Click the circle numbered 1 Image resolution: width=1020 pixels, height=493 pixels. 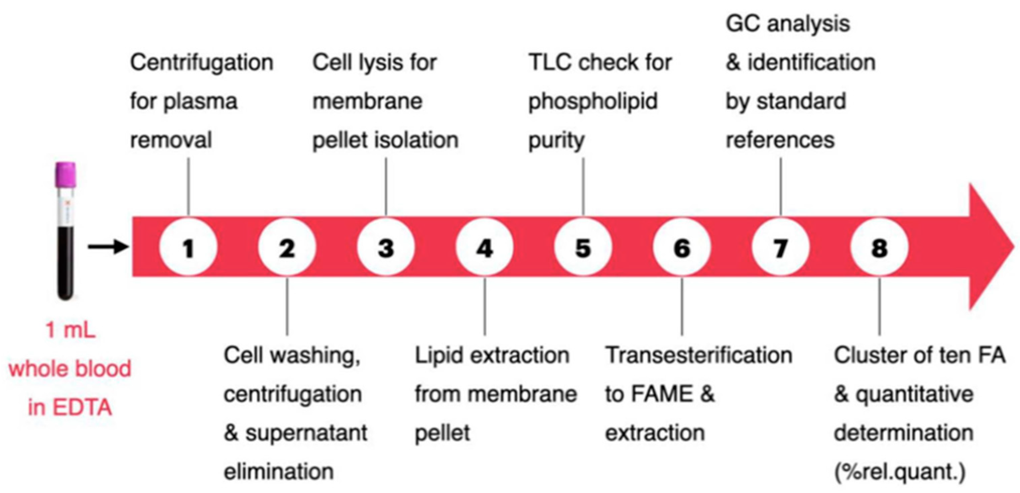[188, 247]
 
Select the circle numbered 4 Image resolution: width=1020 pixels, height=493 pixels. [484, 247]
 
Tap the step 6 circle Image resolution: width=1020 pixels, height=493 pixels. [682, 247]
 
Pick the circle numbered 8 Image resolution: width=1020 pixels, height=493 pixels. [879, 247]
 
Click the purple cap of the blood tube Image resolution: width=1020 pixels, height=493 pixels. [65, 174]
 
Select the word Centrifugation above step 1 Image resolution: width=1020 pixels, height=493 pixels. [201, 63]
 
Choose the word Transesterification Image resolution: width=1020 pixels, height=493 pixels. [699, 355]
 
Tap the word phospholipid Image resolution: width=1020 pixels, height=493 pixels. [593, 102]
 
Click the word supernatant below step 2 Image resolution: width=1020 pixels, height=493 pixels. [306, 433]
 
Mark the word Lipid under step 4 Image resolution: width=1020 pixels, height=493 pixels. [438, 355]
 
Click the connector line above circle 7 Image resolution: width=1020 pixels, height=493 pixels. [780, 186]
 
